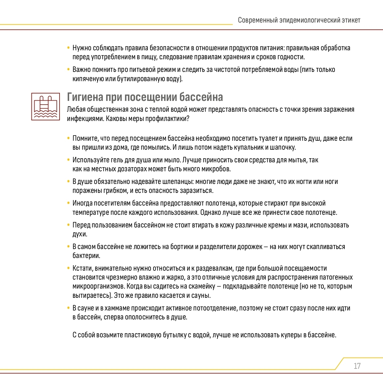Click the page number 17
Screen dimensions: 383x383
pos(357,366)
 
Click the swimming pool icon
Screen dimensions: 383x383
pos(46,106)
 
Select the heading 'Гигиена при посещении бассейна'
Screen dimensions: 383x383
pos(145,97)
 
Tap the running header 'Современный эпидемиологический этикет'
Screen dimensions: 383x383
pos(299,20)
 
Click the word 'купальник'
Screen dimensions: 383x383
pos(250,147)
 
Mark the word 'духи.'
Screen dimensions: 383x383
pos(80,234)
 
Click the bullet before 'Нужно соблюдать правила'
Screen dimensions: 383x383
pos(68,48)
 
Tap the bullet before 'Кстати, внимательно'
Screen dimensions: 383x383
pos(68,268)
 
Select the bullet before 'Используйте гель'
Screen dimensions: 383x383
pos(68,160)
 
